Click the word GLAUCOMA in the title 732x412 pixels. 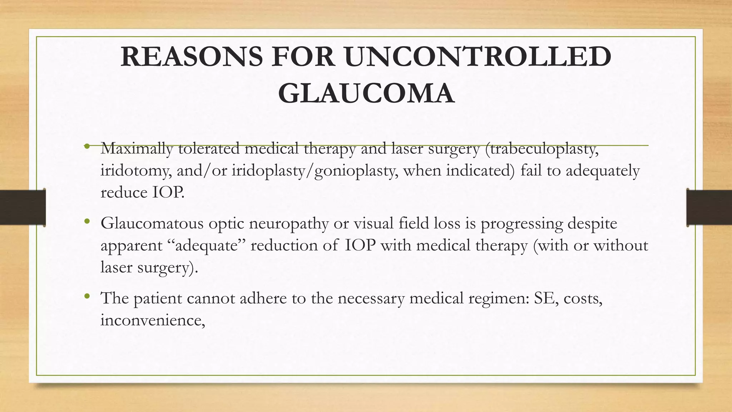point(366,94)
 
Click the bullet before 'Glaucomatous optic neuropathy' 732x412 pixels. point(87,222)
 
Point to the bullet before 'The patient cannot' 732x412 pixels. point(87,296)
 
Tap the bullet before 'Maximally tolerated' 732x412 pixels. point(87,146)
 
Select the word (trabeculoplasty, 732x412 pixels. point(542,149)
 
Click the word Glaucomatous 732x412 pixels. point(152,224)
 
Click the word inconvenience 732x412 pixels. point(152,320)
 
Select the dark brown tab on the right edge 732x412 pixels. point(709,207)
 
